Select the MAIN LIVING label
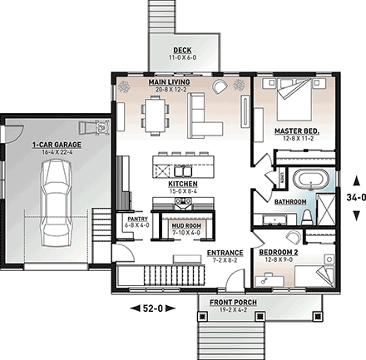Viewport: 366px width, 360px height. (x=169, y=83)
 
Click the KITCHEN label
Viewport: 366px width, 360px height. (x=182, y=184)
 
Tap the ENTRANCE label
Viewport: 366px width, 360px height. (x=225, y=252)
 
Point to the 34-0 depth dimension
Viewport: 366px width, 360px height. (x=354, y=198)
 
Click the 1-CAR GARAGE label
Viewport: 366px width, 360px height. (x=52, y=145)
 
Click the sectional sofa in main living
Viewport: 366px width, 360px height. (x=206, y=116)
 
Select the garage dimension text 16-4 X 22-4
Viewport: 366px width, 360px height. (x=52, y=152)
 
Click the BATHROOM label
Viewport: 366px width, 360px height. (x=291, y=201)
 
